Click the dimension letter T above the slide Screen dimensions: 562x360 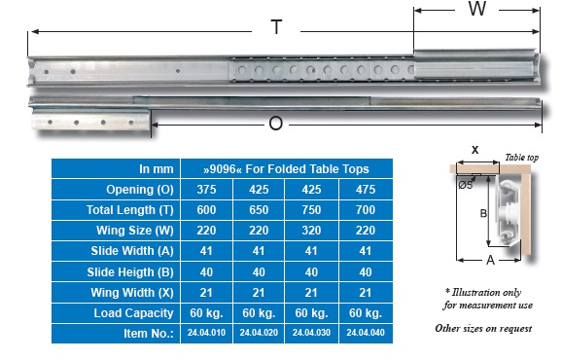click(x=276, y=27)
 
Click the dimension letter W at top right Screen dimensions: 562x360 click(x=477, y=9)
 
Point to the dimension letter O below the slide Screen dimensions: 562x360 click(x=275, y=124)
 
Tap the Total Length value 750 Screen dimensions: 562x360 click(x=311, y=210)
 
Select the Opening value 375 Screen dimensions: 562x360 click(x=206, y=190)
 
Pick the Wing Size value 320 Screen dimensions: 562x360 click(x=311, y=231)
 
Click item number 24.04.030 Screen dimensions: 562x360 click(x=311, y=333)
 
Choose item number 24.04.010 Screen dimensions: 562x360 click(x=206, y=333)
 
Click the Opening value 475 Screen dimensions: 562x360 click(x=366, y=190)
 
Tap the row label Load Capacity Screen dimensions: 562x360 click(x=133, y=313)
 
